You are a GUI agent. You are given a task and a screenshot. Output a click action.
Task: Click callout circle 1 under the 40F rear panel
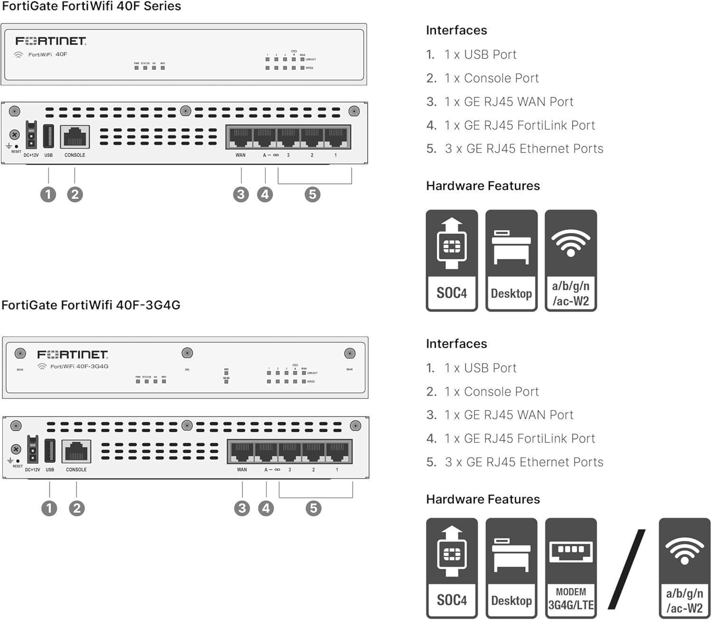tap(48, 194)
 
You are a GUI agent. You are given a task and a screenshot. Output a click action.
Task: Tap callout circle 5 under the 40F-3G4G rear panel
tap(313, 508)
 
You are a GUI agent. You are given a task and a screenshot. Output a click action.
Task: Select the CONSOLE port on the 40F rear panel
tap(75, 137)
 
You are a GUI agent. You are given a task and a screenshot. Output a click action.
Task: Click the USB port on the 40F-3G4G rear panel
tap(50, 451)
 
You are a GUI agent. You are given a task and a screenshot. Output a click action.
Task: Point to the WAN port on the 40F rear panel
tap(241, 138)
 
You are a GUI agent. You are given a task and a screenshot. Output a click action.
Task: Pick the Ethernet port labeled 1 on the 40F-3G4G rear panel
tap(337, 452)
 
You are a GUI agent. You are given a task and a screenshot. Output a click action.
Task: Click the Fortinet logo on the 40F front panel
tap(51, 41)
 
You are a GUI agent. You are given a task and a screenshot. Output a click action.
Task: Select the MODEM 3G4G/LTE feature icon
tap(571, 568)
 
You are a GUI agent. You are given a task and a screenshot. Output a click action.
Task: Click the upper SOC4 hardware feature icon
tap(451, 260)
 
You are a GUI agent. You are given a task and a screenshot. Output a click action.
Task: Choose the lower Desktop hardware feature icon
tap(511, 568)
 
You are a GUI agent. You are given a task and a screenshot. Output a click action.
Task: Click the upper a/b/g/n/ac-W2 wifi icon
tap(571, 260)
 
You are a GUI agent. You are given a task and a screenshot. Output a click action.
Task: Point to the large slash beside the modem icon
tap(627, 569)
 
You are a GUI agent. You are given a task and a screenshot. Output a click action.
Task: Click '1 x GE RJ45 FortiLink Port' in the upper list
tap(519, 125)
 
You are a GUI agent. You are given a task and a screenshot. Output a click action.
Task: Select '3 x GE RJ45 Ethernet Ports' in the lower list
tap(524, 462)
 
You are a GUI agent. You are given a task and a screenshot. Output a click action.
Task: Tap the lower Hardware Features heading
tap(483, 499)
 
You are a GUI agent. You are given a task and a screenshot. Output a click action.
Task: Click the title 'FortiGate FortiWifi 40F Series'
tap(91, 6)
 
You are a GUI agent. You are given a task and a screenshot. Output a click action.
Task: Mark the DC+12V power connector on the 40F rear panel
tap(31, 135)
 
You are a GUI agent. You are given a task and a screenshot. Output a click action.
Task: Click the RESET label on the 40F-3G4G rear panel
tap(18, 466)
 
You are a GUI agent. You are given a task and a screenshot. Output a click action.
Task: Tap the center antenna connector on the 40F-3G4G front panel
tap(187, 353)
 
